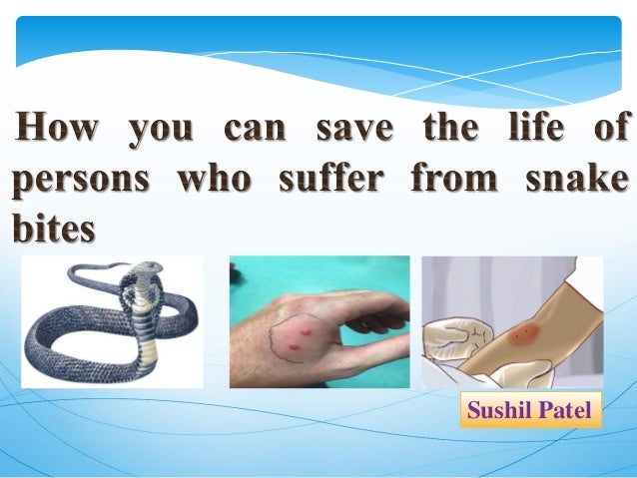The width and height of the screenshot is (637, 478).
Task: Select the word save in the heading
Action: pyautogui.click(x=353, y=130)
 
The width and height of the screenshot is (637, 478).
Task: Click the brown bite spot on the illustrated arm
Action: pyautogui.click(x=518, y=336)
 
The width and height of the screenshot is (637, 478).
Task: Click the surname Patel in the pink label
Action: pyautogui.click(x=567, y=409)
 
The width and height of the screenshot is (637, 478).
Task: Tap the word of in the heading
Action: pyautogui.click(x=610, y=130)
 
